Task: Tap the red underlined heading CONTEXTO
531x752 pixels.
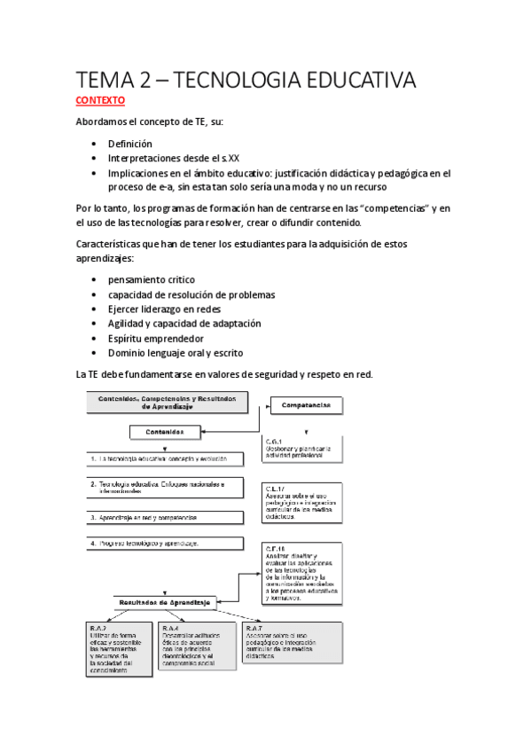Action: (x=100, y=101)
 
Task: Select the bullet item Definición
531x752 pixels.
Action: (x=130, y=144)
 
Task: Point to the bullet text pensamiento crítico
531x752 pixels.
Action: (x=152, y=279)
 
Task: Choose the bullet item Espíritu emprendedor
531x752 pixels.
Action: (x=156, y=338)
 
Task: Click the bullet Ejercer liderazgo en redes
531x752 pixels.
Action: (x=164, y=309)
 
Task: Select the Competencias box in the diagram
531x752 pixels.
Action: (x=306, y=405)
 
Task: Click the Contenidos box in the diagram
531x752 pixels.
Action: (x=173, y=432)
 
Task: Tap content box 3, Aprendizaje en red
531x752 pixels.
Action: (x=164, y=516)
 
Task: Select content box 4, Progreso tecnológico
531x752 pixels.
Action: (x=164, y=543)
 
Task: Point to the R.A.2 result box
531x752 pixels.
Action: (x=115, y=649)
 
